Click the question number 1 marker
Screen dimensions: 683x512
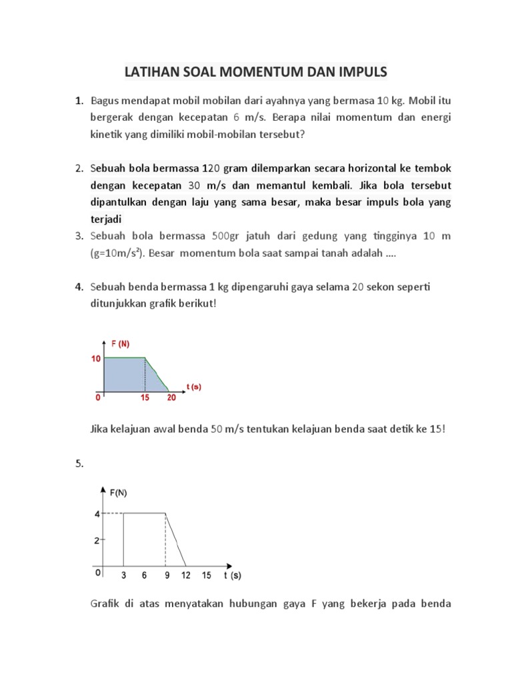[79, 101]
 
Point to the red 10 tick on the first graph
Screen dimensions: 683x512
[96, 359]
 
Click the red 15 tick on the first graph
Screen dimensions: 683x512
[145, 398]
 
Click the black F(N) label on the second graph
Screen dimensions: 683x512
[119, 493]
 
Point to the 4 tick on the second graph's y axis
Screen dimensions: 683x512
[97, 514]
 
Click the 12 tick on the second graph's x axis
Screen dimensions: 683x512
[186, 574]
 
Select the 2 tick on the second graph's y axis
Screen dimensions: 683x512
[97, 540]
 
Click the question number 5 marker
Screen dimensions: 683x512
[78, 465]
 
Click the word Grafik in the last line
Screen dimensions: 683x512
[105, 605]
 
